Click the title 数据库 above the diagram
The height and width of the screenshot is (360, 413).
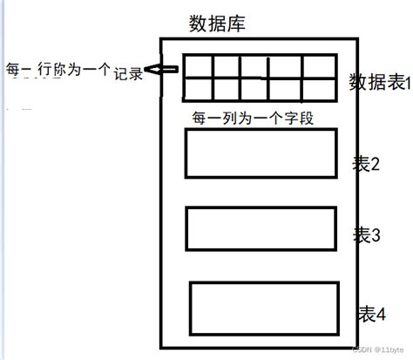[217, 24]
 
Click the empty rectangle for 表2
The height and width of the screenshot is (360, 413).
[261, 153]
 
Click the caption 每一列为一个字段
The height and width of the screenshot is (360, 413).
[249, 117]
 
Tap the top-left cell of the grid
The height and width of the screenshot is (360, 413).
[197, 66]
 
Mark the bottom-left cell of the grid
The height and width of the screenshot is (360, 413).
[197, 88]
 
